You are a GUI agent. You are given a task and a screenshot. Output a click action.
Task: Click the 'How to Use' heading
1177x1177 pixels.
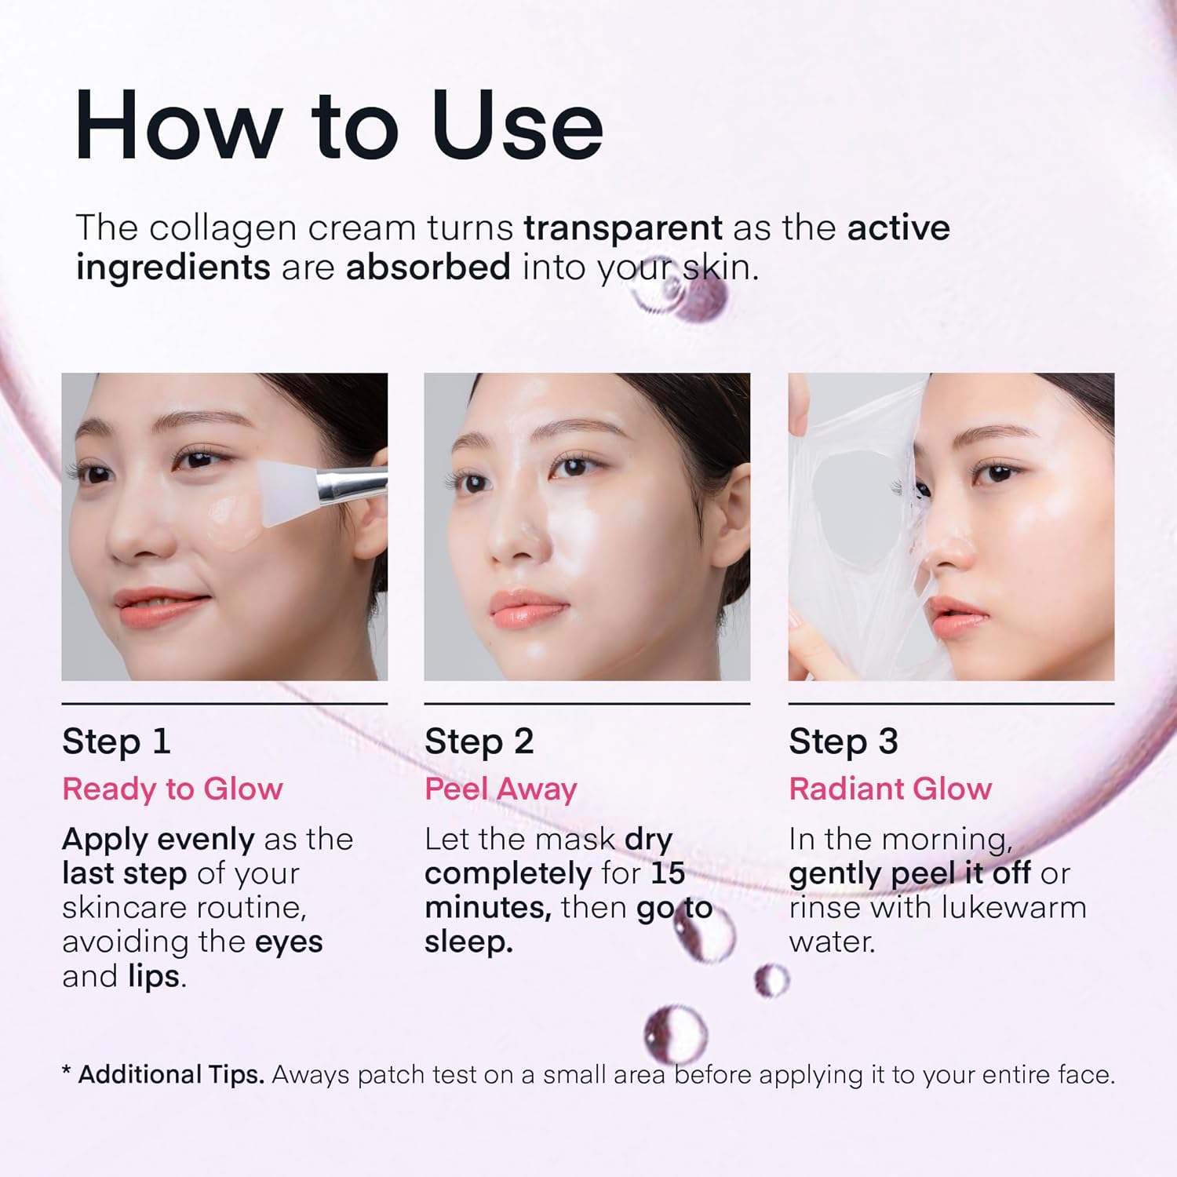[x=339, y=126]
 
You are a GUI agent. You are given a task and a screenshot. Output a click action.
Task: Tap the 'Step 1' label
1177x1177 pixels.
[x=116, y=742]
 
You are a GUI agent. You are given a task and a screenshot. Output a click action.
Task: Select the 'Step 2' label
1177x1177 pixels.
[x=479, y=742]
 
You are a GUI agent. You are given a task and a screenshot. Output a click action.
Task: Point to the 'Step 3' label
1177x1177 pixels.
[x=844, y=742]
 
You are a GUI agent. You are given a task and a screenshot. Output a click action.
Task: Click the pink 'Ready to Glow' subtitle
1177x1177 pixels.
[x=173, y=789]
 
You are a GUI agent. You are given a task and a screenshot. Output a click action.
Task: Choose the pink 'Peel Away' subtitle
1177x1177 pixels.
[x=501, y=789]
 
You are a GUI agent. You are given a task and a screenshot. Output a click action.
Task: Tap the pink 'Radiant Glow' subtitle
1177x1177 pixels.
[x=891, y=789]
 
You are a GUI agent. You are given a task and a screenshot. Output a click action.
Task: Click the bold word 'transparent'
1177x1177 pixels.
[x=623, y=228]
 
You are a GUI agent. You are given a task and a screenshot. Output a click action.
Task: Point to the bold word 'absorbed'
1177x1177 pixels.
[x=428, y=268]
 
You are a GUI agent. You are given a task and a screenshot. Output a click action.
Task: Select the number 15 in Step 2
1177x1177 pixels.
[x=668, y=873]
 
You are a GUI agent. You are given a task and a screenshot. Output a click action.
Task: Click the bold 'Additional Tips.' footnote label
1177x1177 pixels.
[x=171, y=1074]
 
